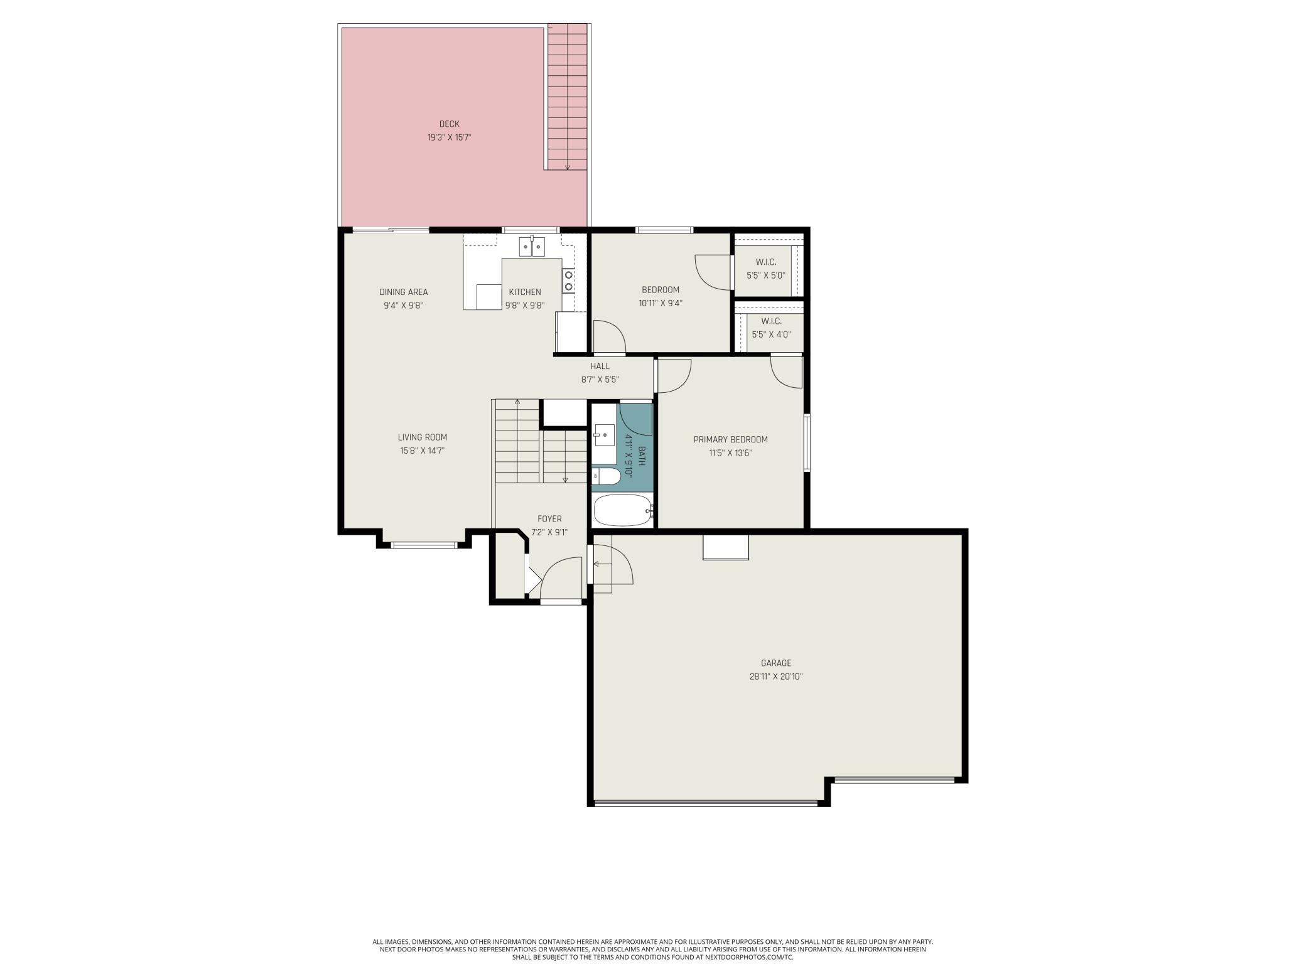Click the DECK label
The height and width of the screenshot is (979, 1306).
pos(449,124)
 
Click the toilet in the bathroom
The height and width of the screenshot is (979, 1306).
pos(607,476)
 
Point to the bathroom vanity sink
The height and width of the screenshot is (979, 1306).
pos(605,435)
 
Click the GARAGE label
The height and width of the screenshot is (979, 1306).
pos(776,663)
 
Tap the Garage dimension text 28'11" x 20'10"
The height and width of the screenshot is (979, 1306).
pos(776,677)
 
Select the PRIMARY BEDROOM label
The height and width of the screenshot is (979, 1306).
pos(730,439)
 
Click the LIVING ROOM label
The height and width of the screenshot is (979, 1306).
pos(423,437)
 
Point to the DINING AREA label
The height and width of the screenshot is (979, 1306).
pos(404,292)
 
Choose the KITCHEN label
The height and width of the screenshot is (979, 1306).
pos(525,292)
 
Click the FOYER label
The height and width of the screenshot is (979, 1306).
pos(549,519)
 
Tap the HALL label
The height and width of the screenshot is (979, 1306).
pos(600,366)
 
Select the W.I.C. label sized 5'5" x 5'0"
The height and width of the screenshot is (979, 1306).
pos(766,262)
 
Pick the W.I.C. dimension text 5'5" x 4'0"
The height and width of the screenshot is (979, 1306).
pos(771,334)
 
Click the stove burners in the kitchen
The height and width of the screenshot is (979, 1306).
pos(568,281)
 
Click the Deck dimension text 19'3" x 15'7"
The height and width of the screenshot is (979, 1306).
pos(449,137)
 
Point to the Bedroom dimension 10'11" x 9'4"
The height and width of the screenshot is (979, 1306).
pos(661,303)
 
